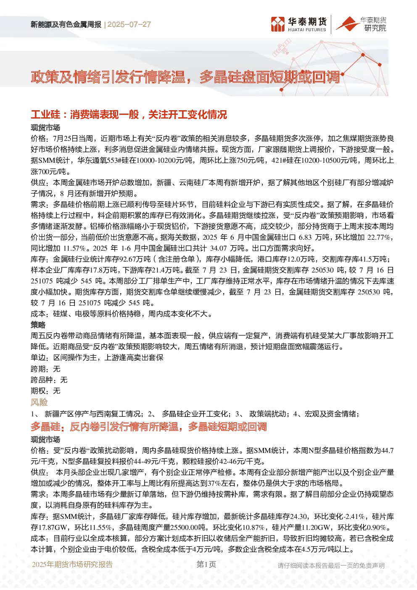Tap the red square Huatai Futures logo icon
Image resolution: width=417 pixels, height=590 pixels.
pyautogui.click(x=278, y=24)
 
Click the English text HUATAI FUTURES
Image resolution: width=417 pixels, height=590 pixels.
pyautogui.click(x=307, y=30)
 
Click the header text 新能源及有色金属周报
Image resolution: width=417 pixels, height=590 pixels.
pyautogui.click(x=66, y=24)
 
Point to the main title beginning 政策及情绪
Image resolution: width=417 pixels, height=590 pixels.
pyautogui.click(x=185, y=77)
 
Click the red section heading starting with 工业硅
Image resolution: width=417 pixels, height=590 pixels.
pyautogui.click(x=129, y=114)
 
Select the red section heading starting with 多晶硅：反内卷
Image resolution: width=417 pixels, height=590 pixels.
pyautogui.click(x=149, y=426)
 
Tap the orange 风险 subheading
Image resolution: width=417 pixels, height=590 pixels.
pyautogui.click(x=39, y=402)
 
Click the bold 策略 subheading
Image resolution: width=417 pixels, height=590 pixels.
pyautogui.click(x=38, y=325)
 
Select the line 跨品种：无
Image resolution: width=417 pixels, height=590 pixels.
pyautogui.click(x=49, y=380)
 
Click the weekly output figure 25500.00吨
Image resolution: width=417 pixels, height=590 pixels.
pyautogui.click(x=188, y=527)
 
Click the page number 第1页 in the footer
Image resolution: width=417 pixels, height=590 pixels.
pyautogui.click(x=206, y=564)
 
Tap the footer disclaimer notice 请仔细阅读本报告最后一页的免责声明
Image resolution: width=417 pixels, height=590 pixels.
pyautogui.click(x=331, y=566)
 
